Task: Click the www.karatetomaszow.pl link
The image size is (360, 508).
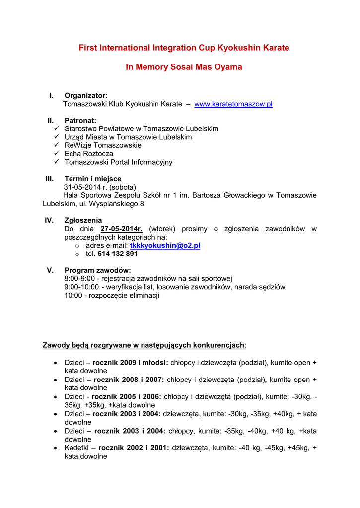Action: [233, 104]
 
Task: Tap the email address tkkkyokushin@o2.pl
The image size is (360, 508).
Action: [165, 246]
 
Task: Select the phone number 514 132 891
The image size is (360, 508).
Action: [118, 254]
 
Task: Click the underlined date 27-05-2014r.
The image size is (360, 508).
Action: [121, 229]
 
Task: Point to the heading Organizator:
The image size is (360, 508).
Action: [86, 95]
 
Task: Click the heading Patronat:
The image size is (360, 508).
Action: [80, 121]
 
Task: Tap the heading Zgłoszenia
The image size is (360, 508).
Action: [83, 220]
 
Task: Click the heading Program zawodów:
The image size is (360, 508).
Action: [98, 270]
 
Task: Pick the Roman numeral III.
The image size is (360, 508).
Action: [49, 179]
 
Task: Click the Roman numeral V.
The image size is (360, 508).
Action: [50, 270]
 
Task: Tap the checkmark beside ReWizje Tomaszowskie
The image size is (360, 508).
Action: [57, 145]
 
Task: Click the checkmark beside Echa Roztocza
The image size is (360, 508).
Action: [57, 154]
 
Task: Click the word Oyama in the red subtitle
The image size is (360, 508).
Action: [228, 67]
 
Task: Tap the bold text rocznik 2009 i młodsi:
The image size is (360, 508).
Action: [130, 363]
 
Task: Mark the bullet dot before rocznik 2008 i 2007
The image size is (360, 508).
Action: [56, 380]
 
